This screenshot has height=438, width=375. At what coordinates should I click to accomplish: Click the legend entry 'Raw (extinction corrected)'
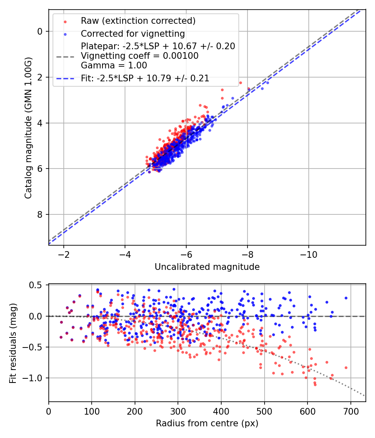tap(138, 21)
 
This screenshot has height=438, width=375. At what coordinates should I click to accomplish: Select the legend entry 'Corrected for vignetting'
tap(132, 33)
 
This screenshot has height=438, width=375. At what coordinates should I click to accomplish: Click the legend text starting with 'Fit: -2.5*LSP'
tap(145, 78)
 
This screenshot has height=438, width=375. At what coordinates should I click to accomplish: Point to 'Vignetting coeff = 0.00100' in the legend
tap(140, 55)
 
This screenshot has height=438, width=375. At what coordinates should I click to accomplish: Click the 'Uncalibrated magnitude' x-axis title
tap(207, 267)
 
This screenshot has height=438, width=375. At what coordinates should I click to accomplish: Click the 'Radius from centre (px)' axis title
tap(207, 423)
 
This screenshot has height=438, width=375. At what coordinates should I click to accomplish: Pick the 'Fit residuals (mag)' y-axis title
tap(13, 343)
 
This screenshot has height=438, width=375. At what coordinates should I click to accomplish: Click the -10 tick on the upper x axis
tap(308, 254)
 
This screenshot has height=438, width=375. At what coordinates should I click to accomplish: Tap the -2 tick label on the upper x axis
tap(64, 254)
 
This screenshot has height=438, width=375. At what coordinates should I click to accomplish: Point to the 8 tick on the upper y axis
tap(40, 214)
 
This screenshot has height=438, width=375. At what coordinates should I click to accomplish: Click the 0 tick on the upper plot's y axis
tap(40, 31)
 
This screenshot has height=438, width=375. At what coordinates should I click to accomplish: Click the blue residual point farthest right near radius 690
tap(346, 298)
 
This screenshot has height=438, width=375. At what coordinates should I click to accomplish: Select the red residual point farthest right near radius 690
tap(346, 368)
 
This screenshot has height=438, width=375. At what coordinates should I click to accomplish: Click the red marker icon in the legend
tap(65, 21)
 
